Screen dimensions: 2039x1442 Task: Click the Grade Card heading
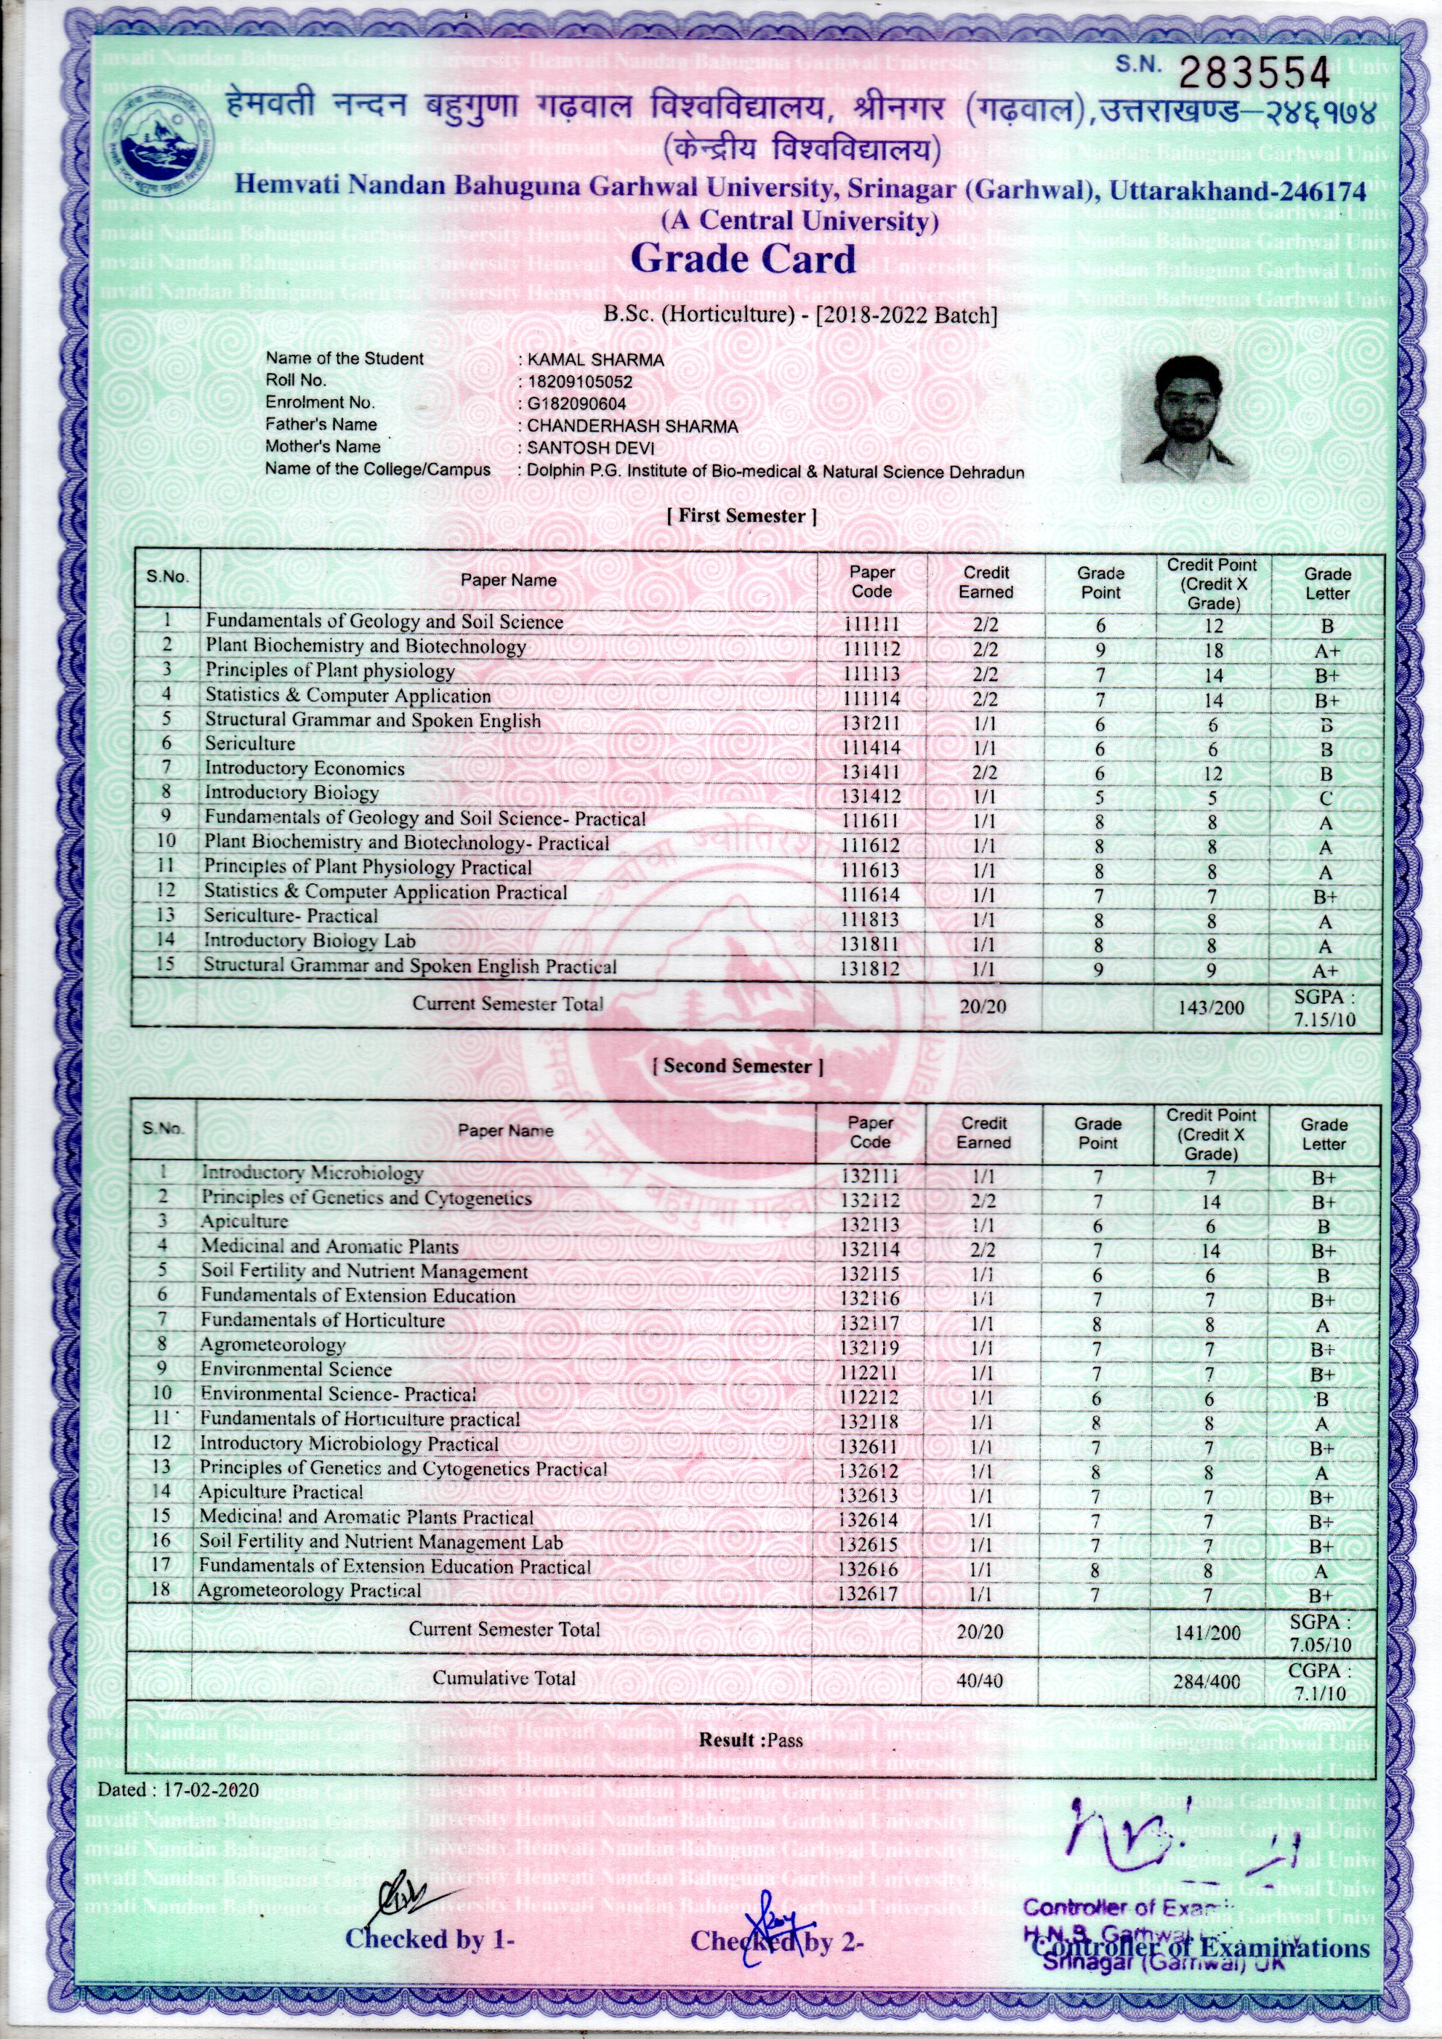(744, 260)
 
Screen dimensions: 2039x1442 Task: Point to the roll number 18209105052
(580, 381)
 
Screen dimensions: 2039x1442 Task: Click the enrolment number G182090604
(576, 403)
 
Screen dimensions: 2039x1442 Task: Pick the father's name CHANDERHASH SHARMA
(632, 426)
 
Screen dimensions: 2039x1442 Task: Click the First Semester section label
(741, 516)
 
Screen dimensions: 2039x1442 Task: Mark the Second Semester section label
(738, 1066)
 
